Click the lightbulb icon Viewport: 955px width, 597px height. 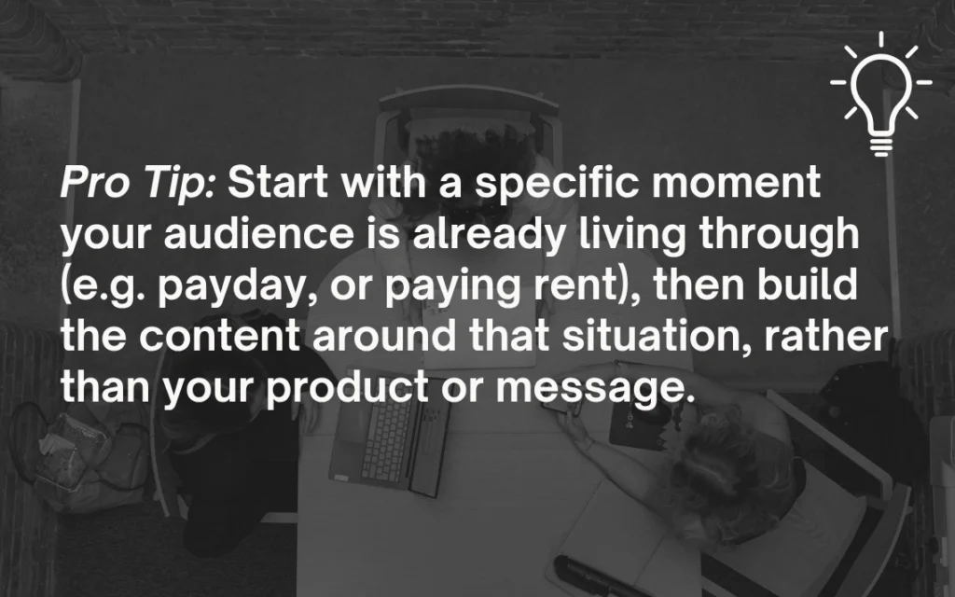click(x=880, y=93)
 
